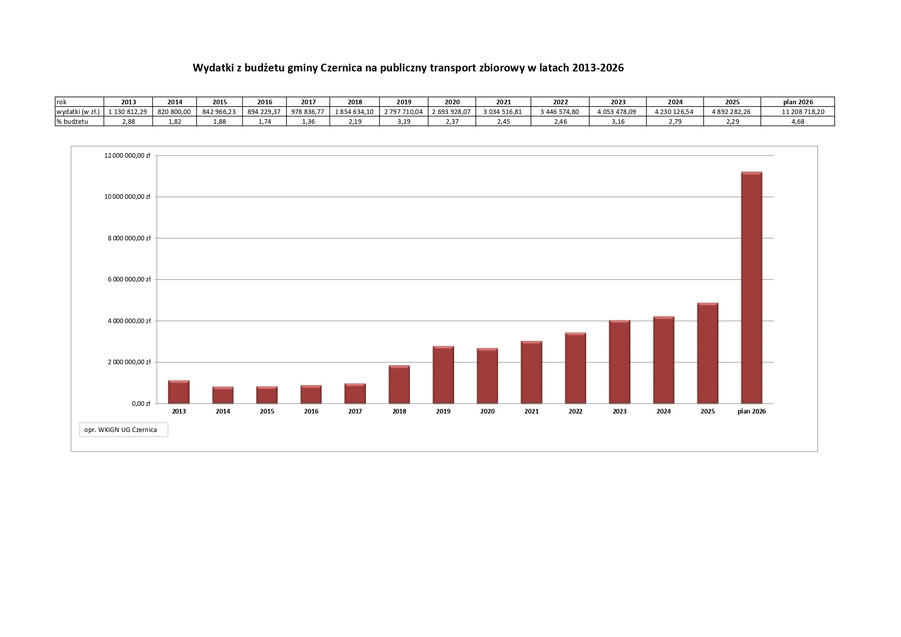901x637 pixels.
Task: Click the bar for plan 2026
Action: (x=752, y=288)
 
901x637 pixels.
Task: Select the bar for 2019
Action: (x=443, y=375)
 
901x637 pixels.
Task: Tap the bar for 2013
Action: (x=179, y=392)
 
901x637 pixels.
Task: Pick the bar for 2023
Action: (x=620, y=362)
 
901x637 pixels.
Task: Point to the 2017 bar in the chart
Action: (x=355, y=394)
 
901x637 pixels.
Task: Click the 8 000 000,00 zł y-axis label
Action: (x=127, y=238)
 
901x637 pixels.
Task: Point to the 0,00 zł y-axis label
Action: (x=141, y=404)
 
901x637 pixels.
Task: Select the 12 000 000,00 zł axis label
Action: (x=127, y=155)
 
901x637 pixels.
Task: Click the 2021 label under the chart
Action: (x=532, y=411)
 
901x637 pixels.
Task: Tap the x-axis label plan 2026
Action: (x=752, y=411)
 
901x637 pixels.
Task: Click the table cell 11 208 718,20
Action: (x=798, y=111)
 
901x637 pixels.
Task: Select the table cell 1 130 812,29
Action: (x=128, y=111)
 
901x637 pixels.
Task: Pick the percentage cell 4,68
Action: (x=798, y=121)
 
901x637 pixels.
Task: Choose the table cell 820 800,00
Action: (x=175, y=111)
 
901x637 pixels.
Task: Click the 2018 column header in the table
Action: (x=354, y=102)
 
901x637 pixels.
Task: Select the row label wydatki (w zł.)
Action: (x=78, y=111)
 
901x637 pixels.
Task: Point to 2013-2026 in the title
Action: (x=597, y=68)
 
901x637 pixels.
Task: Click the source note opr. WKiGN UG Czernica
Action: (x=121, y=429)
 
